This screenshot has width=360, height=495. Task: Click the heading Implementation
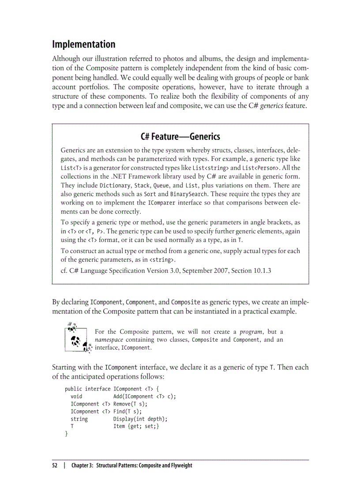tap(84, 45)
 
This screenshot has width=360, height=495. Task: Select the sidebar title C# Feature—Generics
tap(180, 136)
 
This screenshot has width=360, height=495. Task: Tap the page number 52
tap(55, 465)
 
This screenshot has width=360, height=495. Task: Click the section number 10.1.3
tap(260, 270)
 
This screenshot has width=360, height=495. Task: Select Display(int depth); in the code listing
tap(140, 419)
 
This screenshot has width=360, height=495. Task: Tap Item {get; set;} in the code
tap(136, 426)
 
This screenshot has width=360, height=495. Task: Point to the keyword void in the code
tap(76, 396)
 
